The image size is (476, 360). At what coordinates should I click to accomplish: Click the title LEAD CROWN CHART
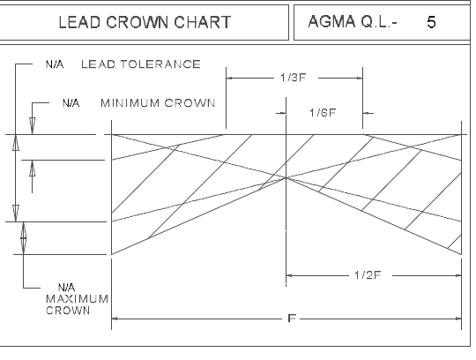point(145,22)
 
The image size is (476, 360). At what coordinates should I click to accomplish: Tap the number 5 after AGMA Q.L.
point(431,22)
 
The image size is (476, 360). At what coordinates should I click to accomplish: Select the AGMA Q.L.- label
point(353,21)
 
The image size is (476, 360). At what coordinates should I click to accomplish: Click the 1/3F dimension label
point(294,78)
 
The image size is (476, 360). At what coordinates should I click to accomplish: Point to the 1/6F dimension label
point(323,113)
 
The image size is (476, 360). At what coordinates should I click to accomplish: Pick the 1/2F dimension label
point(368,275)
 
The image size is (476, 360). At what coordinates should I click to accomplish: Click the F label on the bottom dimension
point(292,319)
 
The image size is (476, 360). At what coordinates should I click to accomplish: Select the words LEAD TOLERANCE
point(141,64)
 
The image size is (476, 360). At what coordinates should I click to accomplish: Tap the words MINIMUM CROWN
point(158,103)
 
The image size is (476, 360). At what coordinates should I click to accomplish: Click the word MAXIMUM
point(77,299)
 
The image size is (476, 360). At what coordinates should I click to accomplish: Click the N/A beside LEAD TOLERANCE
point(55,64)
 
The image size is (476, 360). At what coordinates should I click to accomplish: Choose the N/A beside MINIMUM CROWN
point(71,103)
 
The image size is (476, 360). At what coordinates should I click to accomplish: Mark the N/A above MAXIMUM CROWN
point(66,287)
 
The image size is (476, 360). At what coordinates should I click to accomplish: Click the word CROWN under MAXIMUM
point(68,311)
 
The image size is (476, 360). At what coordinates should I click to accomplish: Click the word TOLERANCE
point(160,64)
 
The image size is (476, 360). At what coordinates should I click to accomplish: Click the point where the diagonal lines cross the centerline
point(286,177)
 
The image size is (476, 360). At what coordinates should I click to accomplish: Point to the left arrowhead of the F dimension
point(115,319)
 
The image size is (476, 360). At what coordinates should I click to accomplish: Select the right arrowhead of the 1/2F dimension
point(458,275)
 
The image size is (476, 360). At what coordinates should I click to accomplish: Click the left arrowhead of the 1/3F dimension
point(229,78)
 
